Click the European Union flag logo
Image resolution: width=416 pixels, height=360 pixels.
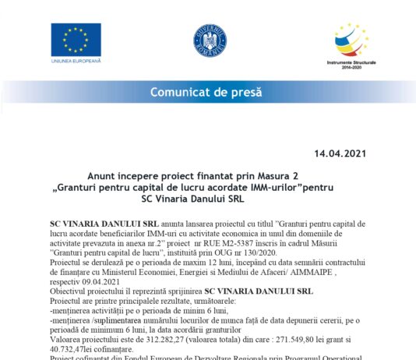coord(76,39)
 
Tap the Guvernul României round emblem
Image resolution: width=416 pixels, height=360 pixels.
coord(209,40)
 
